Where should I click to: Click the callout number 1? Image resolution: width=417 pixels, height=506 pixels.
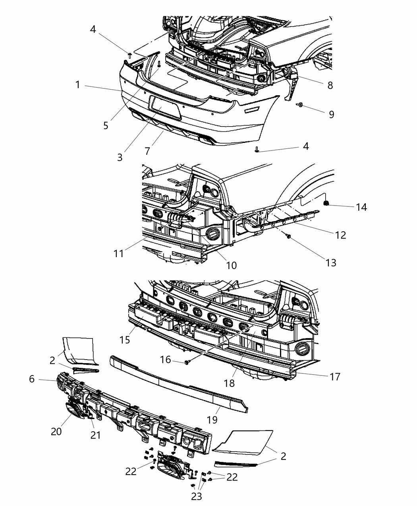pyautogui.click(x=78, y=85)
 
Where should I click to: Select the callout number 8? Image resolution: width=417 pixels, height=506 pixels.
pyautogui.click(x=330, y=85)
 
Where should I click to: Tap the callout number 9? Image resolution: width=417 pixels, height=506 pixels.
pyautogui.click(x=331, y=114)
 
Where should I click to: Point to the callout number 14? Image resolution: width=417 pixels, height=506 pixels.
pyautogui.click(x=361, y=207)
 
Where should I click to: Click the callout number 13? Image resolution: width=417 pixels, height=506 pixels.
pyautogui.click(x=330, y=262)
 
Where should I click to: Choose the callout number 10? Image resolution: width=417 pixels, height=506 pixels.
pyautogui.click(x=231, y=265)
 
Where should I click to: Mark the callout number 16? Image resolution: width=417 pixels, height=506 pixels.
pyautogui.click(x=165, y=360)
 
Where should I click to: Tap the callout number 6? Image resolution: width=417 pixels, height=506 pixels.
pyautogui.click(x=32, y=379)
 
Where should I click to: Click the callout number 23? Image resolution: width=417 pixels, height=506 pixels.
pyautogui.click(x=197, y=496)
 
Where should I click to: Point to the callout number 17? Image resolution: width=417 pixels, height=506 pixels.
pyautogui.click(x=335, y=376)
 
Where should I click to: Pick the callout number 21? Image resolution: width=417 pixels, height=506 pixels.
pyautogui.click(x=95, y=435)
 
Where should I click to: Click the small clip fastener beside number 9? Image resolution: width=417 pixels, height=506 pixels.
pyautogui.click(x=300, y=105)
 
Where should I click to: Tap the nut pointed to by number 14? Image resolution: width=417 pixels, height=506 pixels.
pyautogui.click(x=326, y=204)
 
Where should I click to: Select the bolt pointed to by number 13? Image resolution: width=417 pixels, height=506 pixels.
pyautogui.click(x=289, y=237)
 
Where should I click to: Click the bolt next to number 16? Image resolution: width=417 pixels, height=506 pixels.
pyautogui.click(x=186, y=362)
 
